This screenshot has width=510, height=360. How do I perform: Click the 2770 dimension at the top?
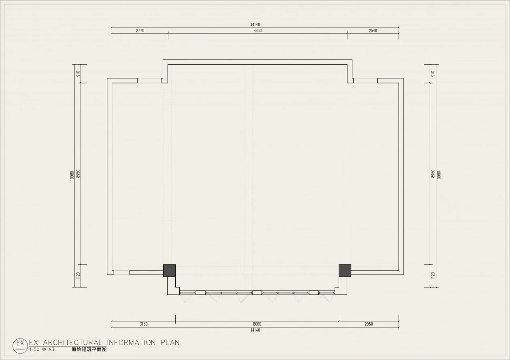140,30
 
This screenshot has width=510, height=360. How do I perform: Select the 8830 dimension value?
258,30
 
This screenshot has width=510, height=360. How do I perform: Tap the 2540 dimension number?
373,30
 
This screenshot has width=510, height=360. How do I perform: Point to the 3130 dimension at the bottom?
144,324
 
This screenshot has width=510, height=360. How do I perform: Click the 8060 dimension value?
257,324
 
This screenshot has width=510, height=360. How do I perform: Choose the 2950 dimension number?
369,324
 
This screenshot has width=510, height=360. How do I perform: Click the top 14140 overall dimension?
255,24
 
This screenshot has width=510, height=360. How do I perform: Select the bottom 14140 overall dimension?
255,330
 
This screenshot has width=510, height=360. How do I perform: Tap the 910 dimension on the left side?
78,74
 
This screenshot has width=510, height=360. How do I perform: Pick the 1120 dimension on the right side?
433,276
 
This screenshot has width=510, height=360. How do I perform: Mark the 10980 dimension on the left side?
72,176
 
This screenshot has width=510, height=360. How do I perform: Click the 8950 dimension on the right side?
433,174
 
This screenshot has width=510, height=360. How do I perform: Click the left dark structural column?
169,271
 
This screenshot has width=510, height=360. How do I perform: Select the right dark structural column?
345,271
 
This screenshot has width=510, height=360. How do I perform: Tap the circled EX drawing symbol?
20,346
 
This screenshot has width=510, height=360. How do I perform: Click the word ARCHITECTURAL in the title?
72,343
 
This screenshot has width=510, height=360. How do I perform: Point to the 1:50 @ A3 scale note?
42,349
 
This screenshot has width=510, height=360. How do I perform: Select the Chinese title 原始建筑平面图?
89,349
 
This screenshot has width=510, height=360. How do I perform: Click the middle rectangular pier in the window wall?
257,292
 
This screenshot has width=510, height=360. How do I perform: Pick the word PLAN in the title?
170,343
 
